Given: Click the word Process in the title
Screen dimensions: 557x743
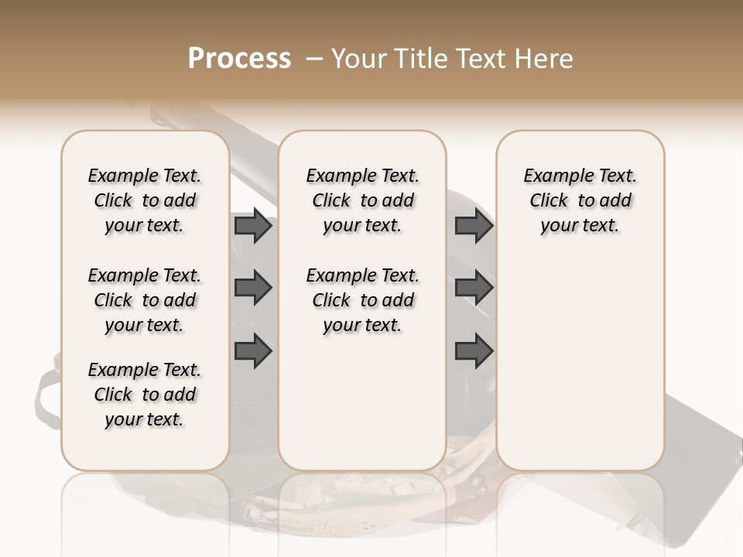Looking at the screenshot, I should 239,59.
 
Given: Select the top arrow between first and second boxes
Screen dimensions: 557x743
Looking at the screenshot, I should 253,226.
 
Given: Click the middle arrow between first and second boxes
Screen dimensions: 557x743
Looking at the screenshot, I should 253,289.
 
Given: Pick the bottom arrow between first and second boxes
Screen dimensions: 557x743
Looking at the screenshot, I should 253,351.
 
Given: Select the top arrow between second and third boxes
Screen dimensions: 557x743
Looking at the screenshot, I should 474,226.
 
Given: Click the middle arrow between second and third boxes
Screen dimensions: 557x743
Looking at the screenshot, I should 474,289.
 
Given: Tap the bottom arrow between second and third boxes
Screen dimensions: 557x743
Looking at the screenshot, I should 474,351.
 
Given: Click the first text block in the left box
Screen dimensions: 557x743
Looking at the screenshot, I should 145,200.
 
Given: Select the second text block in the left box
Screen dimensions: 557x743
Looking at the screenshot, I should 145,300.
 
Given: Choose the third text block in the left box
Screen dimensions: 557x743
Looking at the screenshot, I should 145,395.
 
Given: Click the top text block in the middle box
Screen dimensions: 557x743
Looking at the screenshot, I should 362,200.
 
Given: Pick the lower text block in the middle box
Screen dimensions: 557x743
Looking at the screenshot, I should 362,300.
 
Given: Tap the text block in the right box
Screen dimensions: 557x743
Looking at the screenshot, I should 580,200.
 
